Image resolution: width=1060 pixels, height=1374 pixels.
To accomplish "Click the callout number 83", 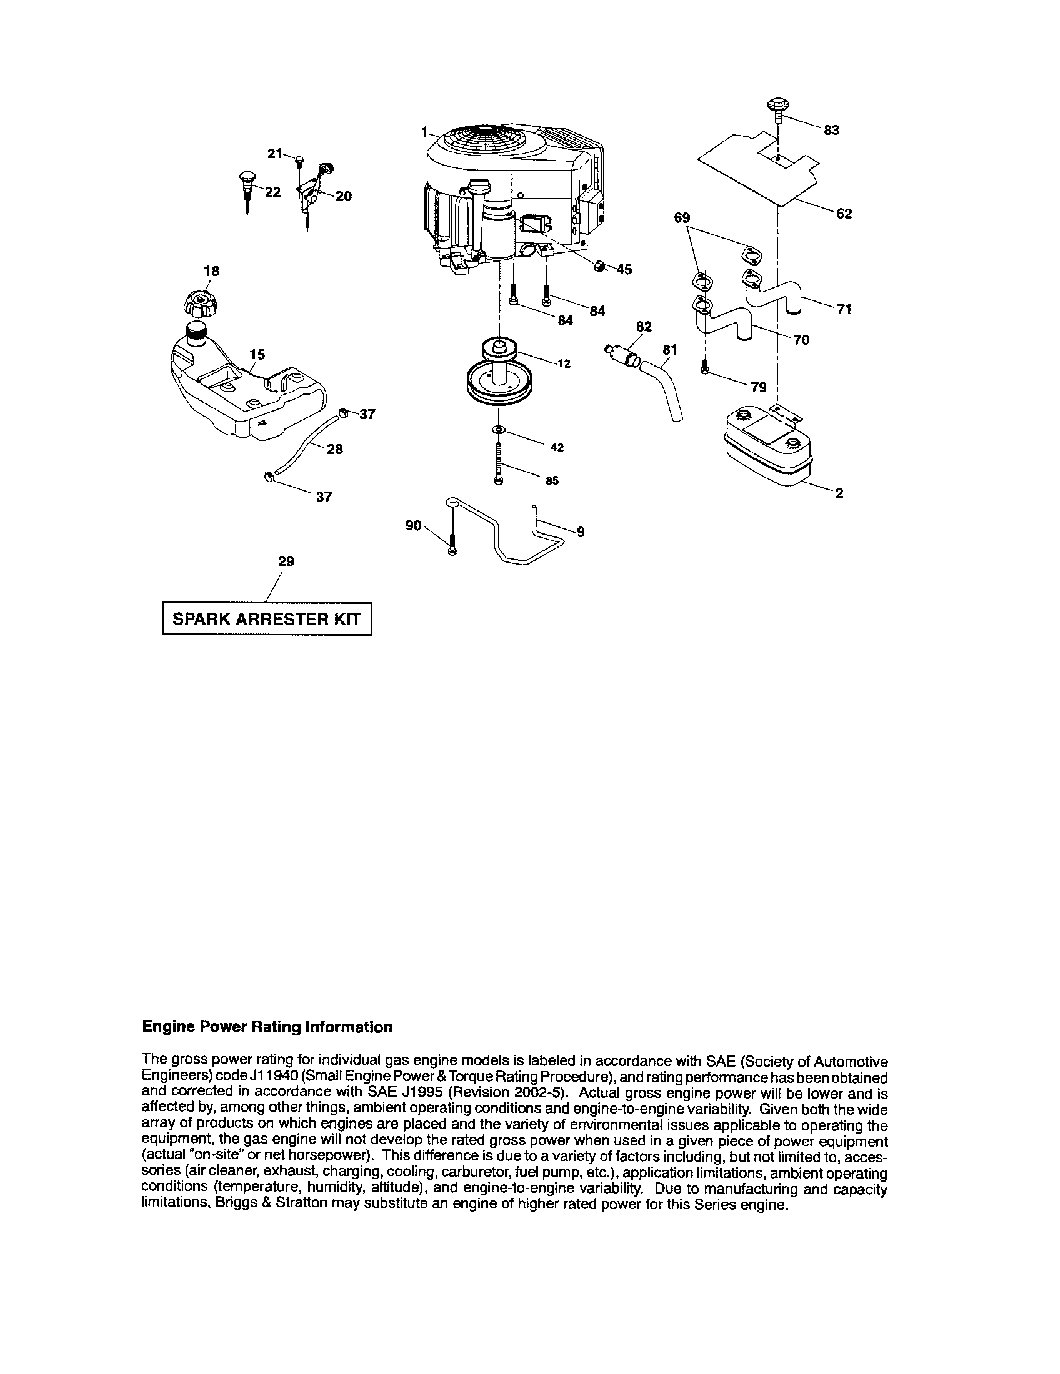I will (831, 131).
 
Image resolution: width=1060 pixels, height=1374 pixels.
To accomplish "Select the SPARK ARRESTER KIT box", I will (267, 618).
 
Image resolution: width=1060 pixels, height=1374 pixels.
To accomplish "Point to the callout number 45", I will (624, 270).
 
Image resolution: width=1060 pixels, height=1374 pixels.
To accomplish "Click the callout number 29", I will (286, 561).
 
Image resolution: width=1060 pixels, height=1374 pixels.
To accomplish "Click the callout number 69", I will (682, 218).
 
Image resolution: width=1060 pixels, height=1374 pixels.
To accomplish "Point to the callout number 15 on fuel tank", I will (256, 355).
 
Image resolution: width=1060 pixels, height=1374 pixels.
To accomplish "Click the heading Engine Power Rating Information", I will (267, 1027).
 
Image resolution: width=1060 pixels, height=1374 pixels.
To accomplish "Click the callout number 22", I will (272, 192).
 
